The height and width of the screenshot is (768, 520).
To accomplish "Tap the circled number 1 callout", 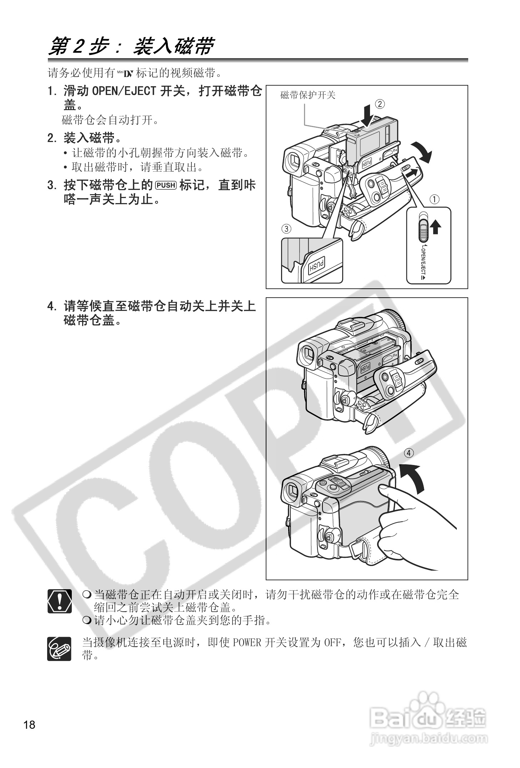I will [434, 199].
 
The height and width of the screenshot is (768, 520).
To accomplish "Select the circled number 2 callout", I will [380, 104].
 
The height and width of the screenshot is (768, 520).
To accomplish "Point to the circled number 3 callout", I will [286, 229].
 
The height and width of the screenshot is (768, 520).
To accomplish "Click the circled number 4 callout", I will [409, 453].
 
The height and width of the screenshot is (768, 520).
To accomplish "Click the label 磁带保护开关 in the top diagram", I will [308, 95].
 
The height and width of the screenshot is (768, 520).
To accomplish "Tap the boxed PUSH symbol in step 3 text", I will [166, 185].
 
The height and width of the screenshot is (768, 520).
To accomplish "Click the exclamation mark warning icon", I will [59, 601].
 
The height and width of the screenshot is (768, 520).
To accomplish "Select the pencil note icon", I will [59, 648].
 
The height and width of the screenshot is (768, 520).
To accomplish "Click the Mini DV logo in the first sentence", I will [125, 74].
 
